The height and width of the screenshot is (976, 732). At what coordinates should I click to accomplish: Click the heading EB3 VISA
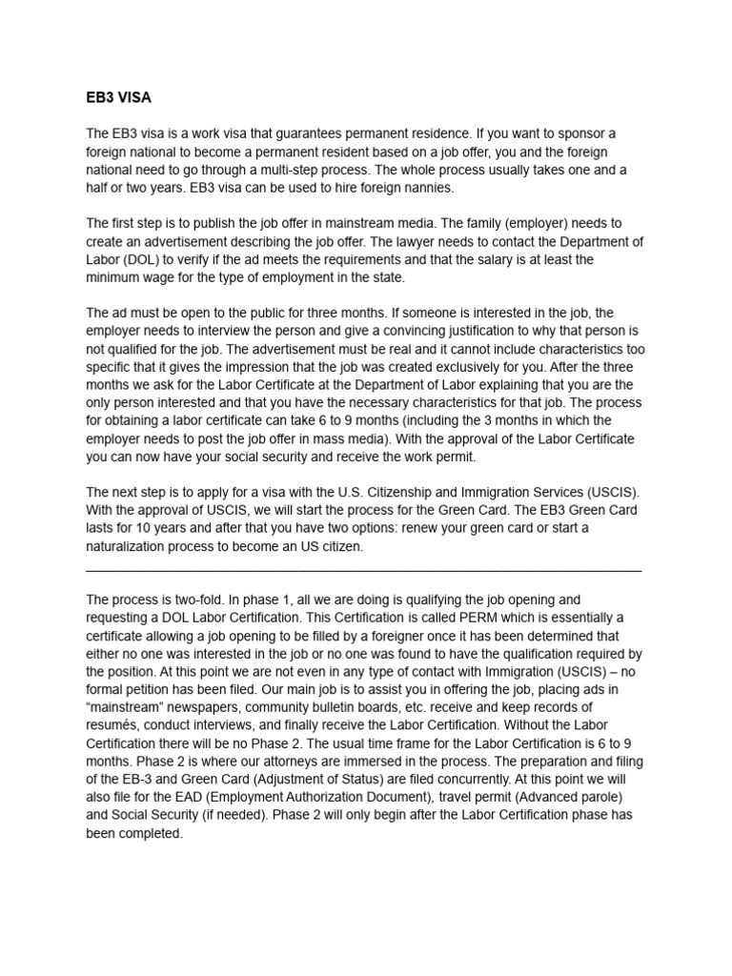[119, 97]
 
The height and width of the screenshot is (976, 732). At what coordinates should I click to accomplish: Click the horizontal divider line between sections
[363, 569]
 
